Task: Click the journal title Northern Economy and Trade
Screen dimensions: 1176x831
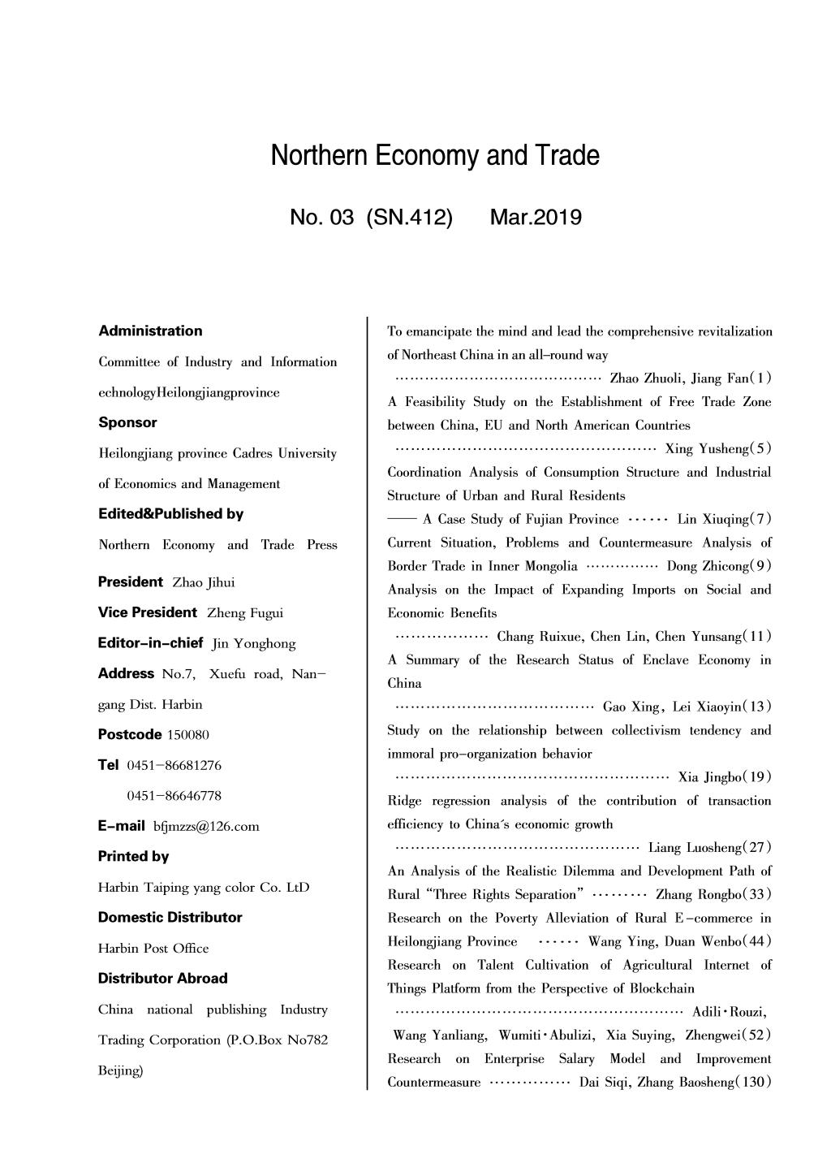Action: click(435, 155)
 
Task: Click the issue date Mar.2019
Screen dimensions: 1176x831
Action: click(536, 218)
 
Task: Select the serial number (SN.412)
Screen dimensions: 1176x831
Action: click(409, 218)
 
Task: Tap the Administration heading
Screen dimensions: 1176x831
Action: click(150, 331)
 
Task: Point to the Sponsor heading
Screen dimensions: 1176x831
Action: click(127, 422)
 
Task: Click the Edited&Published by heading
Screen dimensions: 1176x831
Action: click(170, 514)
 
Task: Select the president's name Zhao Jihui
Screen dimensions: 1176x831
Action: click(204, 582)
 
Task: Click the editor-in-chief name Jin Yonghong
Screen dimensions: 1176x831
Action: click(254, 644)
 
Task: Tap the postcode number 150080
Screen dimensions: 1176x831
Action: click(188, 735)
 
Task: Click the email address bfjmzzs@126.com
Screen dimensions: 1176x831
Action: click(206, 827)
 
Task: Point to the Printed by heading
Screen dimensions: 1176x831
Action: click(133, 856)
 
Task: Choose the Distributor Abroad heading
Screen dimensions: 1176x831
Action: click(162, 979)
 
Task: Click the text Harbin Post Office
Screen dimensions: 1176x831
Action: click(153, 949)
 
